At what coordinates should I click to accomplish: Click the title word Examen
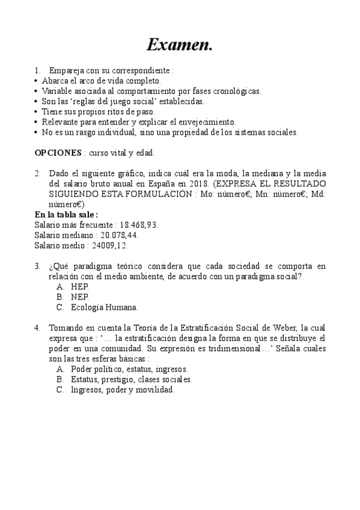[x=180, y=45]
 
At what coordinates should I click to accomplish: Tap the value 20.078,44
[x=121, y=235]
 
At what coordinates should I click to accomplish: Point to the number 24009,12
[x=108, y=245]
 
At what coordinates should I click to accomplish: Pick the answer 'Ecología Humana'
[x=104, y=307]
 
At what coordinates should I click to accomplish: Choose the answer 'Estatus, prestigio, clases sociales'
[x=131, y=379]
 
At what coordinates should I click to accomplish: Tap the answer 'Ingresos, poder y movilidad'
[x=122, y=390]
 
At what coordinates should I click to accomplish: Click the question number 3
[x=37, y=266]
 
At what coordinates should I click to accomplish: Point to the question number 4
[x=37, y=328]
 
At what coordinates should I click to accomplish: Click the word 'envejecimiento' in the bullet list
[x=206, y=121]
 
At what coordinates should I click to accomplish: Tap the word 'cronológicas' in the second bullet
[x=234, y=91]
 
